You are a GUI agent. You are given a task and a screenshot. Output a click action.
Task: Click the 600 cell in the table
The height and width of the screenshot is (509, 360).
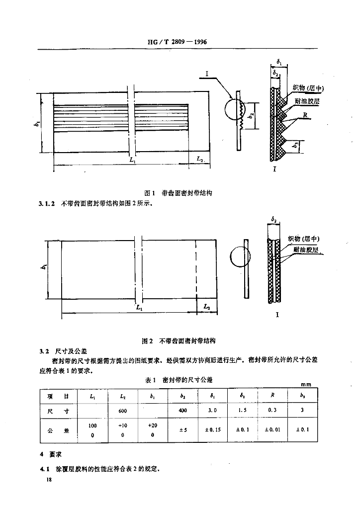tap(123, 411)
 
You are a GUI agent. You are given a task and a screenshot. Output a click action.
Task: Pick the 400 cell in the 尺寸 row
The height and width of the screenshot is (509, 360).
tap(183, 411)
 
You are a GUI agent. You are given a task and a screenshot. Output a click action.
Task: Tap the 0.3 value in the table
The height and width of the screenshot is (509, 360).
tap(273, 411)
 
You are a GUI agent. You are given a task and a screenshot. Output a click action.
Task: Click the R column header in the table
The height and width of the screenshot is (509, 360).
tap(273, 396)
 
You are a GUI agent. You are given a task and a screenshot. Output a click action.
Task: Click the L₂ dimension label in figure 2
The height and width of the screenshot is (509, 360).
tap(207, 308)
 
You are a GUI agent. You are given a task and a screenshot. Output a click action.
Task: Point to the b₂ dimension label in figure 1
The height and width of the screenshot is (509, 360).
tap(253, 117)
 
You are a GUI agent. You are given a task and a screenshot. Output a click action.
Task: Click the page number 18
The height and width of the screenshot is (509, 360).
tap(48, 480)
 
